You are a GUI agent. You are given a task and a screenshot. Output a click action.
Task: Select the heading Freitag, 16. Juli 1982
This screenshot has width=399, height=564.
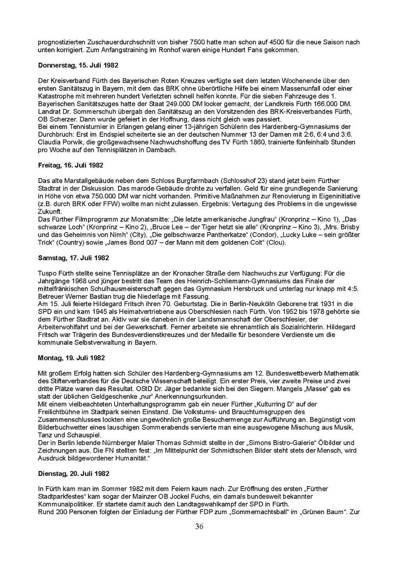click(71, 166)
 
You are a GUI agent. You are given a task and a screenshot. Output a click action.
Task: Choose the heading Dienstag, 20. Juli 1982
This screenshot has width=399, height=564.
click(74, 474)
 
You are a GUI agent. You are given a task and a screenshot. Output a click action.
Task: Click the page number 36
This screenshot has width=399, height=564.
click(199, 527)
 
